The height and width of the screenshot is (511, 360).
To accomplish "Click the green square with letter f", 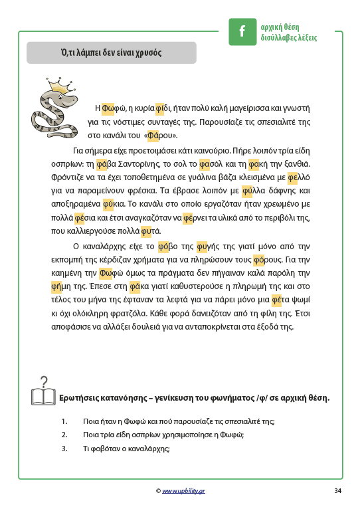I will [x=242, y=31].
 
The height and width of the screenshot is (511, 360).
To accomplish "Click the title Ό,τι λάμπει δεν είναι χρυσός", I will [x=111, y=52].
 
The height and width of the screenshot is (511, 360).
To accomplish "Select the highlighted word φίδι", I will [x=164, y=107].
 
